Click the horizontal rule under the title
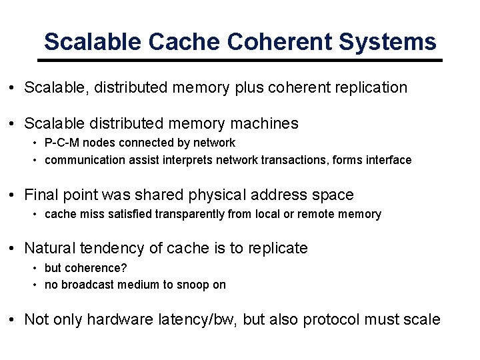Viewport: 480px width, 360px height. click(x=240, y=61)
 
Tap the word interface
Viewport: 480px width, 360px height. click(x=389, y=160)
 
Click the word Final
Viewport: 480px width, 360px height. click(x=42, y=195)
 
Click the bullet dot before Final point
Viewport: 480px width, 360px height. click(x=13, y=195)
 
